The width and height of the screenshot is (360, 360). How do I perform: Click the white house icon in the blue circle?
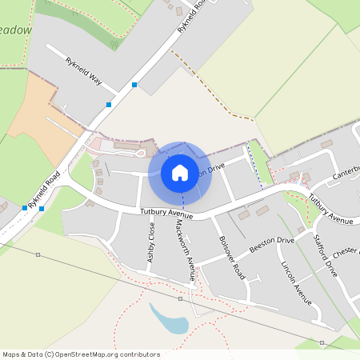click(x=180, y=172)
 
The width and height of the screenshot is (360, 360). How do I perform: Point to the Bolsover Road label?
click(x=231, y=256)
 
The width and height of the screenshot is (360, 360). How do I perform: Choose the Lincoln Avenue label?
click(x=295, y=282)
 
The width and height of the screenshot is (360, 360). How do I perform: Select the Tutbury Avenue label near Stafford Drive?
click(x=330, y=210)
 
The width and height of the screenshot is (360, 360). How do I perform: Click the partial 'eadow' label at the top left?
click(x=16, y=30)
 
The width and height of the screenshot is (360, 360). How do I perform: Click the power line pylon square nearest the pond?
click(x=181, y=298)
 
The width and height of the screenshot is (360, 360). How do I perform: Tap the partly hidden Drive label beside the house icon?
click(x=213, y=168)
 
